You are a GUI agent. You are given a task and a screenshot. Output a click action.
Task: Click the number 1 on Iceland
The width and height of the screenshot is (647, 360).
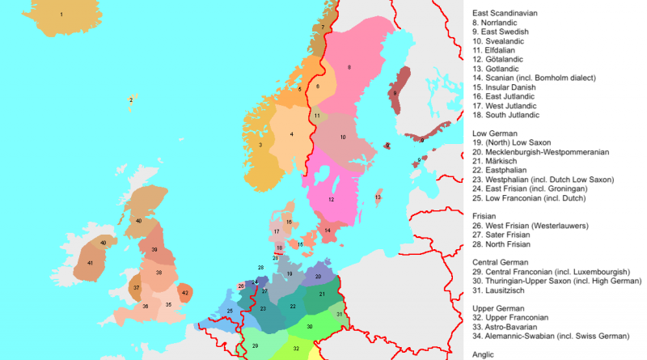point(61,15)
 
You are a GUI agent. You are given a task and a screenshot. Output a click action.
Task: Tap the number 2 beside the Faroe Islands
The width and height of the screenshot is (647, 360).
point(130,100)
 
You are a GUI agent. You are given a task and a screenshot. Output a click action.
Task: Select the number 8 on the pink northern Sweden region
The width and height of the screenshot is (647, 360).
point(349,66)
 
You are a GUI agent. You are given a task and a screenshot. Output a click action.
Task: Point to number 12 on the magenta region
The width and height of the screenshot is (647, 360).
point(332,199)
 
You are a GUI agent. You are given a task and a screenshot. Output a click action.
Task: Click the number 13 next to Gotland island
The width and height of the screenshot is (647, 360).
point(378,197)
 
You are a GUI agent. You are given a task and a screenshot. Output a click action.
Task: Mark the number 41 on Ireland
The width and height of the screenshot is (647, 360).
point(91,263)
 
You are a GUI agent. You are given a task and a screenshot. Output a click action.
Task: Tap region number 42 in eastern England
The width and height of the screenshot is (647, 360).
point(185,292)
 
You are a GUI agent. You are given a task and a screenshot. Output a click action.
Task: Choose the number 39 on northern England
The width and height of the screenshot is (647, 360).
point(154,251)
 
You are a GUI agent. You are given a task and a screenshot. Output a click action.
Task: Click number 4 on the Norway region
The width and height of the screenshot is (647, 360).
point(291,134)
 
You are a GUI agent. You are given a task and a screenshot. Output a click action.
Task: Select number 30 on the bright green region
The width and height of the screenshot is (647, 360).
point(310,326)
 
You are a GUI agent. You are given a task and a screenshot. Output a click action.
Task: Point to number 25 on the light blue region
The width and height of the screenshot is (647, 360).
point(230,311)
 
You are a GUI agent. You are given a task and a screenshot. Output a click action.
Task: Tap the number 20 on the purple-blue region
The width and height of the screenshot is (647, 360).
point(318,276)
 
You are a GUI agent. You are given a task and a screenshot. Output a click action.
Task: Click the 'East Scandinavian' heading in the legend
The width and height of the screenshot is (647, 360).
point(505,14)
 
